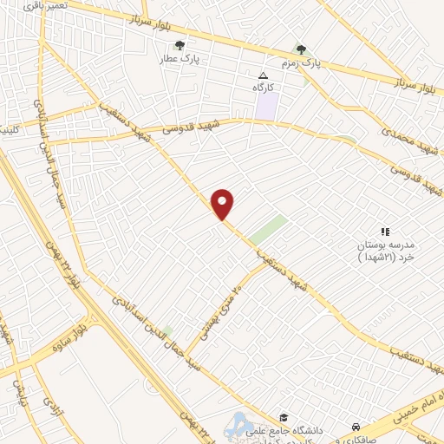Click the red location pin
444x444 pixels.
click(x=223, y=203)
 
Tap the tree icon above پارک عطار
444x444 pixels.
click(x=180, y=46)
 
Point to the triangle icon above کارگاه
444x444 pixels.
click(x=264, y=76)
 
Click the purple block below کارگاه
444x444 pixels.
click(x=267, y=107)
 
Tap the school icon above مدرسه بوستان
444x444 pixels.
click(x=386, y=231)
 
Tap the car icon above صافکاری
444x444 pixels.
click(x=356, y=427)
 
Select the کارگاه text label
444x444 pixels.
click(x=263, y=88)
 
